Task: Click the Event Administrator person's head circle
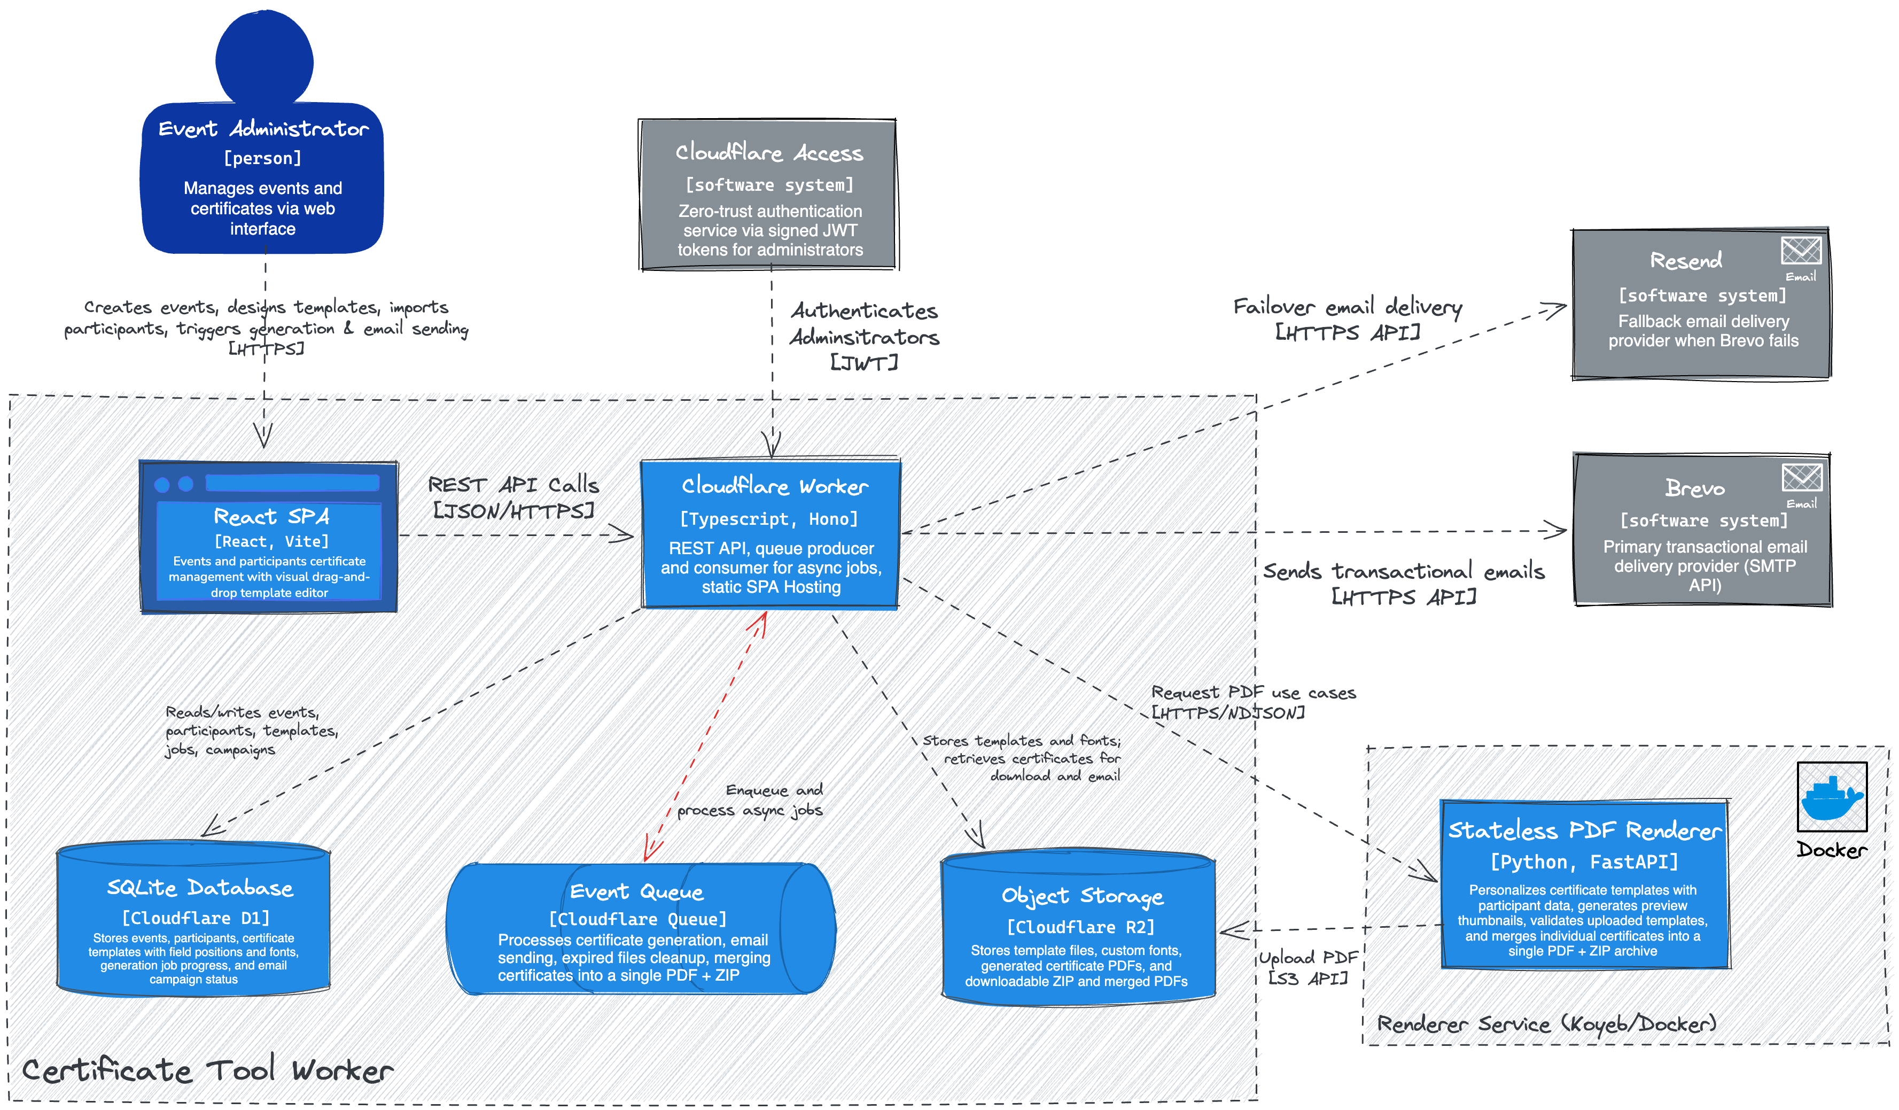(264, 59)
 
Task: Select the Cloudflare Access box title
(769, 152)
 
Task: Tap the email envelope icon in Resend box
(1801, 250)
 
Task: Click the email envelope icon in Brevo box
(1802, 477)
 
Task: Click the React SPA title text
(272, 516)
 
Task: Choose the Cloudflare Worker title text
(775, 486)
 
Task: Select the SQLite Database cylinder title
(200, 888)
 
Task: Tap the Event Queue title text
(637, 892)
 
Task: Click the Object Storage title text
(1082, 896)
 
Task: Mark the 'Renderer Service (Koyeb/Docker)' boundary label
(1546, 1023)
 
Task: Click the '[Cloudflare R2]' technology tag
(1080, 927)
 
